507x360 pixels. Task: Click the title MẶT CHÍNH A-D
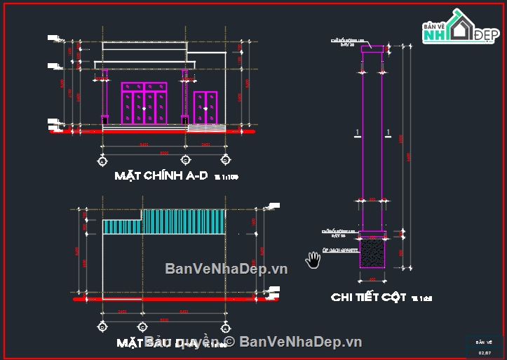click(x=161, y=176)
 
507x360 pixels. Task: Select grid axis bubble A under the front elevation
click(x=102, y=161)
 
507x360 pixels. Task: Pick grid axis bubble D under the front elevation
click(x=224, y=161)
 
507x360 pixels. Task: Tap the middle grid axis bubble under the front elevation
click(x=184, y=161)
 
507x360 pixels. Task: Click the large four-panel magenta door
click(x=144, y=103)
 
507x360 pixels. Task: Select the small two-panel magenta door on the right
click(x=205, y=107)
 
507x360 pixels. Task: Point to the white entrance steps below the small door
click(x=207, y=128)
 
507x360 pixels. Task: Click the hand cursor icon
click(x=313, y=260)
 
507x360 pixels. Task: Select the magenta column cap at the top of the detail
click(x=372, y=49)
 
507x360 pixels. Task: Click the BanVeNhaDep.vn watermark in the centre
click(x=226, y=269)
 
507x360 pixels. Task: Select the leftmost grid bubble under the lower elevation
click(x=102, y=327)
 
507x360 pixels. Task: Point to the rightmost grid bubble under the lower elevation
click(x=224, y=327)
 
